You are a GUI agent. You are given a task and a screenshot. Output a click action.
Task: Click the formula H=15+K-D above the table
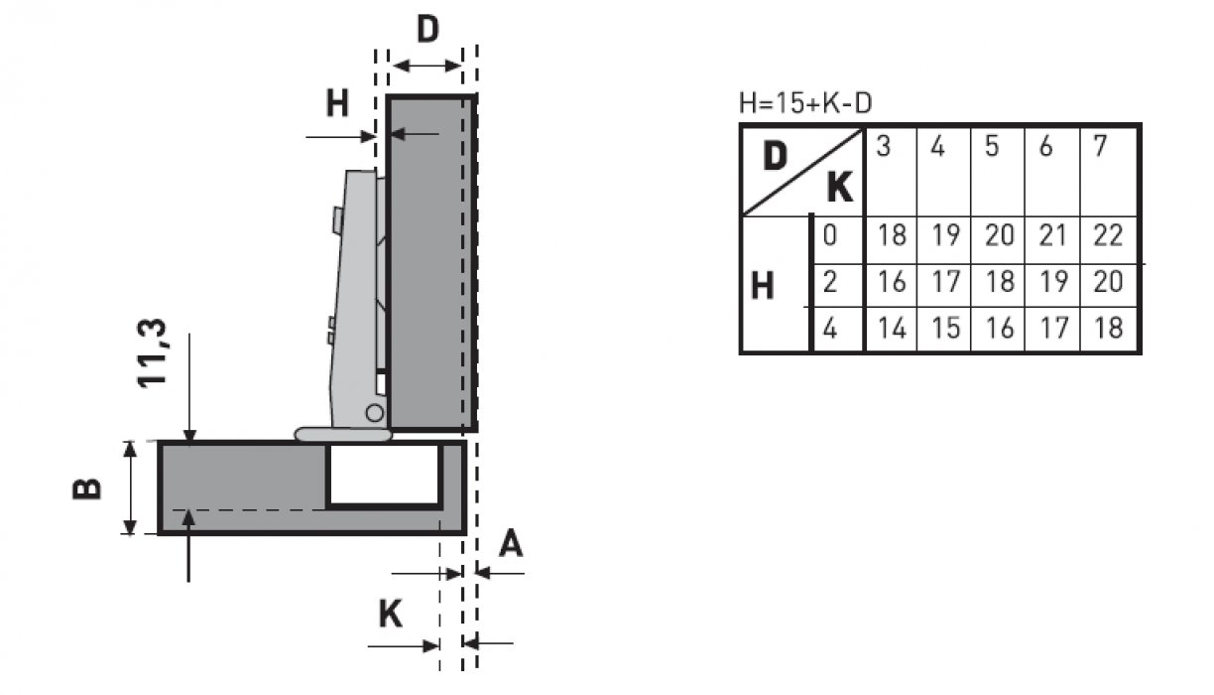tap(805, 102)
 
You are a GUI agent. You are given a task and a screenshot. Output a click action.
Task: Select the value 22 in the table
tap(1107, 236)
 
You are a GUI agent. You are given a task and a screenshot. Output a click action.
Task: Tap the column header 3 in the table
tap(883, 147)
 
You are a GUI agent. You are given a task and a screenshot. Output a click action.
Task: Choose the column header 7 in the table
tap(1099, 147)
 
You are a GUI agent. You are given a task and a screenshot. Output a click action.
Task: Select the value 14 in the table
tap(892, 329)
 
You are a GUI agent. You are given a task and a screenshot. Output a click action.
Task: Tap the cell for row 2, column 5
tap(999, 283)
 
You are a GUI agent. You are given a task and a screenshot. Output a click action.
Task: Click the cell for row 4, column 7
tap(1107, 329)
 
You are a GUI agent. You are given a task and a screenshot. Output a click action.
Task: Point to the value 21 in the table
tap(1052, 236)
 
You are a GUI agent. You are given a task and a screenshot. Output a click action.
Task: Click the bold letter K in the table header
tap(839, 187)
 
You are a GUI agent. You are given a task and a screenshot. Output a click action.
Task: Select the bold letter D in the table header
tap(776, 155)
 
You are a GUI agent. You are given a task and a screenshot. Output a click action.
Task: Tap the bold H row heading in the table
tap(762, 286)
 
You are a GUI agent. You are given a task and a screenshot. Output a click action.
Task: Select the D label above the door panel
tap(426, 30)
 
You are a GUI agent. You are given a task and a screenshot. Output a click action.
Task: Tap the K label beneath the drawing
tap(391, 616)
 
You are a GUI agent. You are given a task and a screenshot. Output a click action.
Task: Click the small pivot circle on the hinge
tap(374, 413)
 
